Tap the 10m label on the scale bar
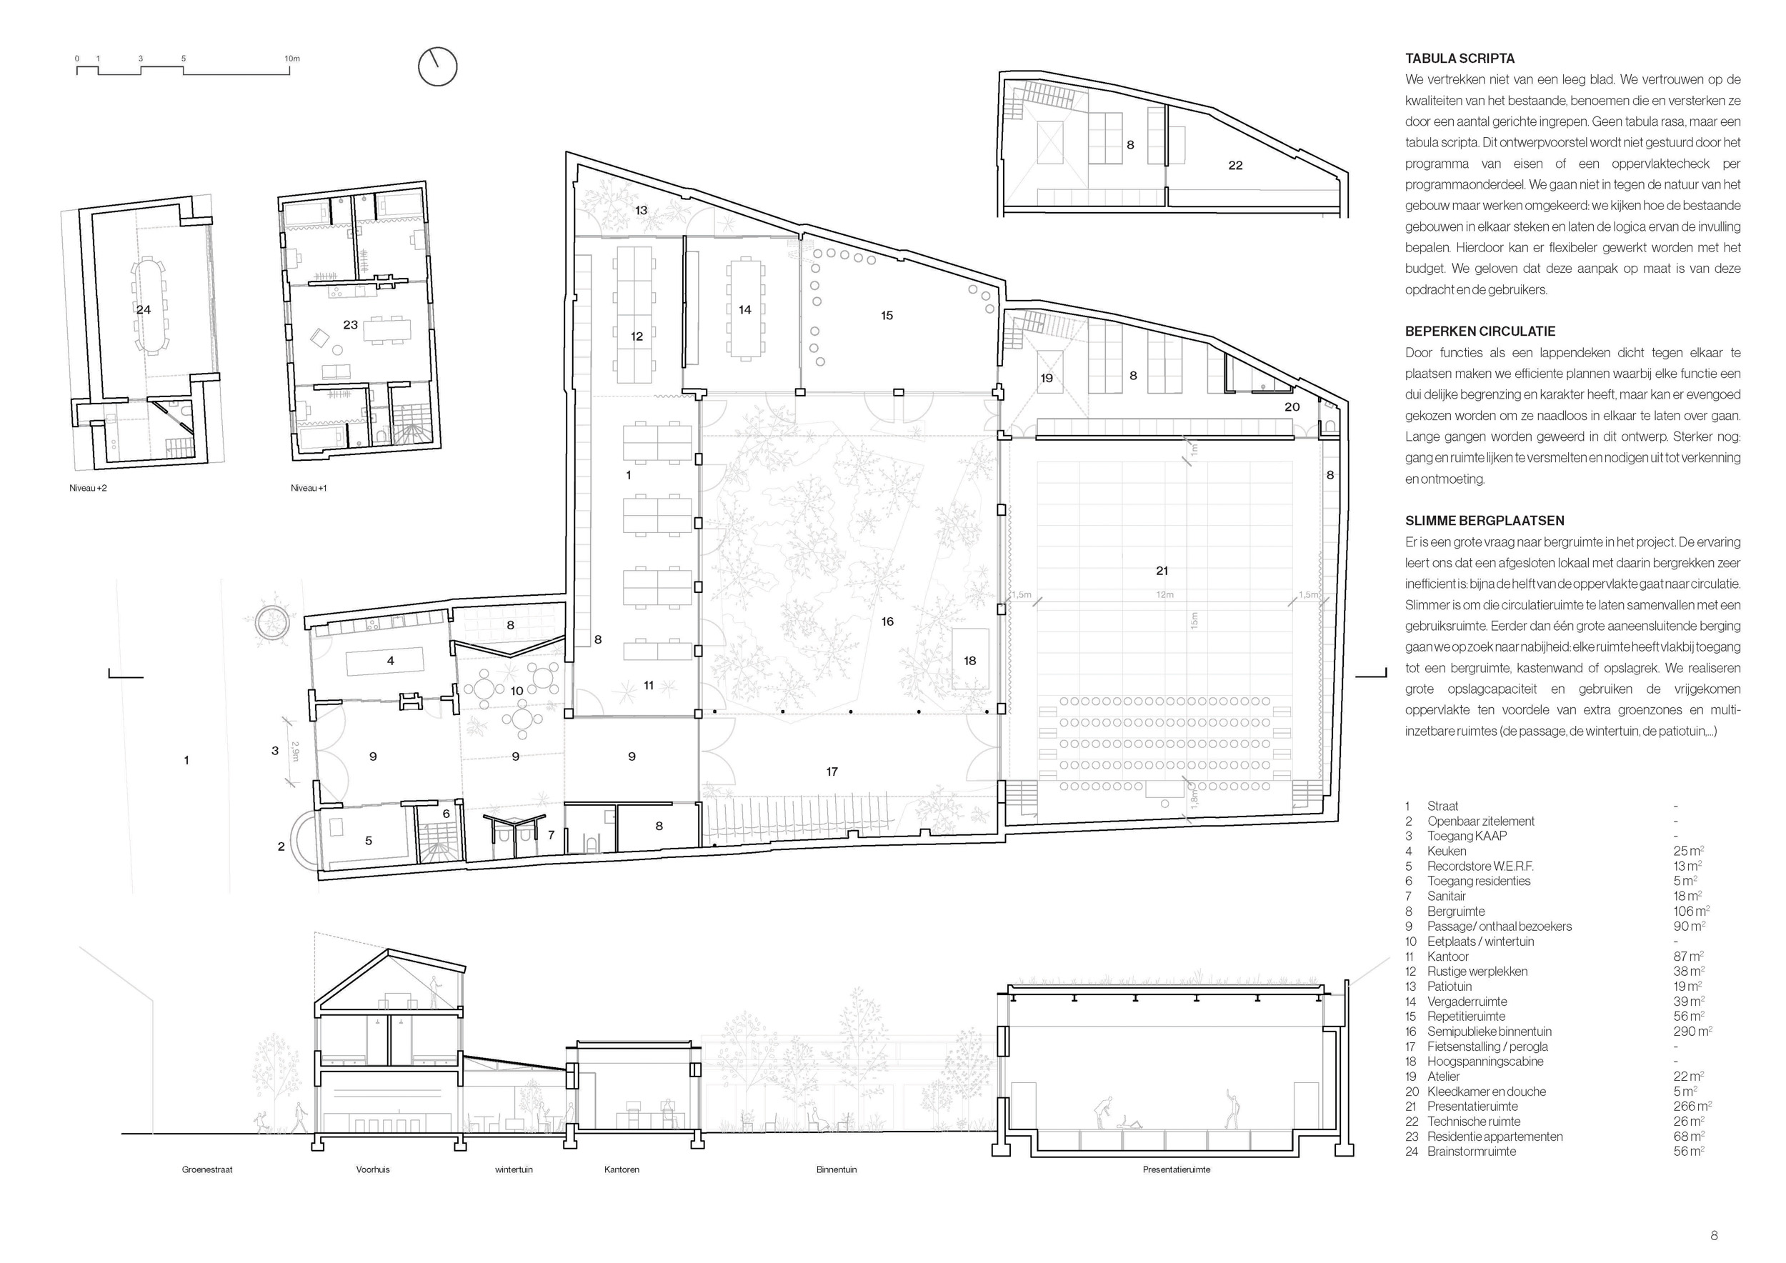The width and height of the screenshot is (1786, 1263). tap(291, 59)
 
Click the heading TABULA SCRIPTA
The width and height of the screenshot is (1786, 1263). tap(1460, 59)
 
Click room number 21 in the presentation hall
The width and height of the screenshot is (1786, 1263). tap(1162, 571)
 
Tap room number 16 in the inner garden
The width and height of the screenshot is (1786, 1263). tap(887, 621)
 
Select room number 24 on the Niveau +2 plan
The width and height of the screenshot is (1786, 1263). tap(143, 309)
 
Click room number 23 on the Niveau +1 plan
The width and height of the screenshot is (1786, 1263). tap(351, 324)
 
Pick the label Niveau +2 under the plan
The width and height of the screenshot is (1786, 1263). tap(88, 489)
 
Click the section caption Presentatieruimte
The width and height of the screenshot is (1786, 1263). tap(1176, 1169)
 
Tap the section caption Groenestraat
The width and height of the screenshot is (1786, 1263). tap(207, 1169)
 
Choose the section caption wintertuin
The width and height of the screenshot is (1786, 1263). tap(514, 1169)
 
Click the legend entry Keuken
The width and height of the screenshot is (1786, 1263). tap(1447, 851)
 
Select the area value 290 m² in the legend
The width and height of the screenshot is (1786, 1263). tap(1692, 1032)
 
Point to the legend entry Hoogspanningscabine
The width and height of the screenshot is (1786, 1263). tap(1485, 1062)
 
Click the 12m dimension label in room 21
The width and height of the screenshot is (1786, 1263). tap(1164, 595)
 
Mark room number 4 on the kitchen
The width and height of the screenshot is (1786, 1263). tap(391, 661)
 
